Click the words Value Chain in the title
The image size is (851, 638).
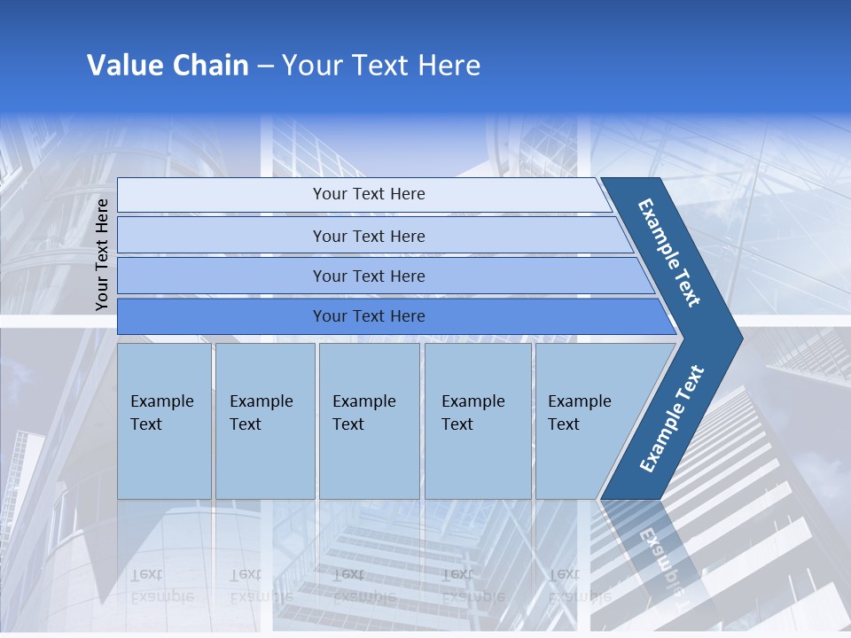pyautogui.click(x=168, y=66)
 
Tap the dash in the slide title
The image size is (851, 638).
pyautogui.click(x=265, y=66)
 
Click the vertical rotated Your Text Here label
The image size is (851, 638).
pyautogui.click(x=102, y=254)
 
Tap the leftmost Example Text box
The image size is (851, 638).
pyautogui.click(x=164, y=420)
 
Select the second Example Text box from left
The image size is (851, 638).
pyautogui.click(x=264, y=420)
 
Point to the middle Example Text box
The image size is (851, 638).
pyautogui.click(x=369, y=420)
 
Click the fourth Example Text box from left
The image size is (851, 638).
pyautogui.click(x=477, y=420)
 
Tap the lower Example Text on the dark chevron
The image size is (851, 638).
pyautogui.click(x=672, y=418)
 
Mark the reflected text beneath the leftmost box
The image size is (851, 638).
pyautogui.click(x=161, y=585)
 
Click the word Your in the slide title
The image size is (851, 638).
pyautogui.click(x=313, y=66)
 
